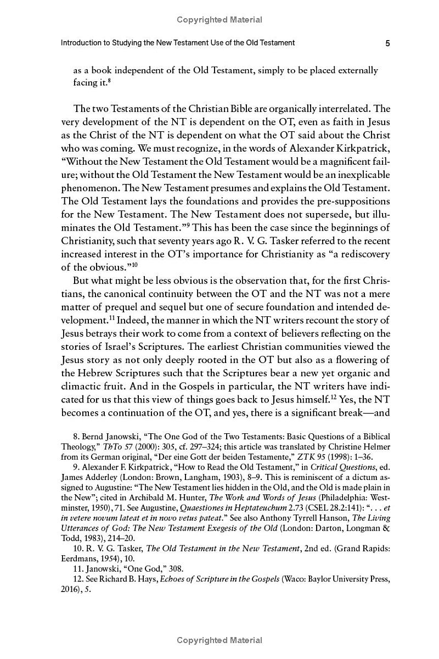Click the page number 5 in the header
387,43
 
